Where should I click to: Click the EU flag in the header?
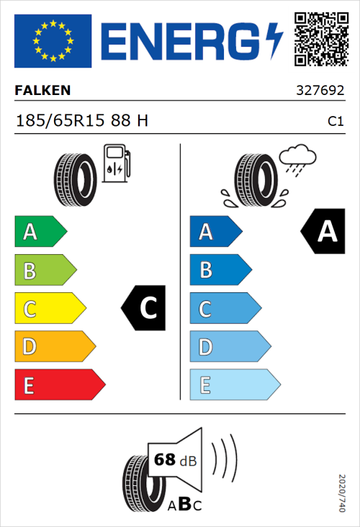pyautogui.click(x=53, y=41)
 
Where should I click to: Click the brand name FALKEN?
pyautogui.click(x=42, y=91)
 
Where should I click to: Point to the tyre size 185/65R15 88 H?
pyautogui.click(x=82, y=121)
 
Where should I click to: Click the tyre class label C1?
pyautogui.click(x=335, y=122)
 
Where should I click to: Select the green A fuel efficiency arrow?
pyautogui.click(x=40, y=232)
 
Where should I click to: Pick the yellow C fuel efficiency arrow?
pyautogui.click(x=50, y=309)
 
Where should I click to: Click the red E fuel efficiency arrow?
pyautogui.click(x=59, y=385)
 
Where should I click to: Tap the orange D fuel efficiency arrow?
pyautogui.click(x=55, y=347)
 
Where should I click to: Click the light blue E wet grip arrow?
pyautogui.click(x=234, y=385)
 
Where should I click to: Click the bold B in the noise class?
pyautogui.click(x=184, y=505)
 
